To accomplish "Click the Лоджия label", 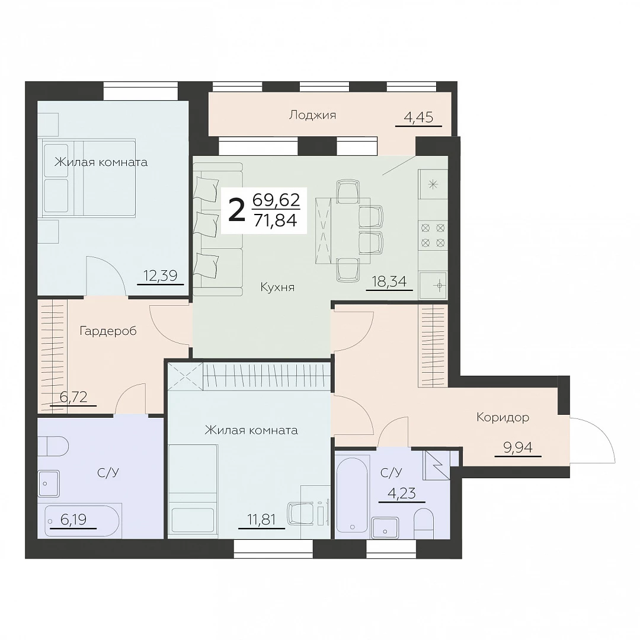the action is [313, 116].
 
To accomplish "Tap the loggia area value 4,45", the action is [418, 117].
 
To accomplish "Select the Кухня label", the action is [277, 287].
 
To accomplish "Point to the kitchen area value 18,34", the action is [389, 281].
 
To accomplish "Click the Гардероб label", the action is [108, 331].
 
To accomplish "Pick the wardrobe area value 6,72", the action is [73, 396].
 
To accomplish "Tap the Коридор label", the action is [503, 418].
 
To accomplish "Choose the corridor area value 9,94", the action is [518, 448].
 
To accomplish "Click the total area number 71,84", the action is [276, 220].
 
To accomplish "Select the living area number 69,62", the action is [276, 200].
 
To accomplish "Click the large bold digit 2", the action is [236, 210].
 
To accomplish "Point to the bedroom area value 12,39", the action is [161, 276].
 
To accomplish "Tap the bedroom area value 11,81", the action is [262, 520].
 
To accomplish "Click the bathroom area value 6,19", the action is [73, 520].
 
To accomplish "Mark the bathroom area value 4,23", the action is [402, 494].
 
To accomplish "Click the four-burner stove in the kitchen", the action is [433, 235].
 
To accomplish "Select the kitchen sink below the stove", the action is [434, 285].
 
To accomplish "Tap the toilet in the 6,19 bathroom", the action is [53, 447].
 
